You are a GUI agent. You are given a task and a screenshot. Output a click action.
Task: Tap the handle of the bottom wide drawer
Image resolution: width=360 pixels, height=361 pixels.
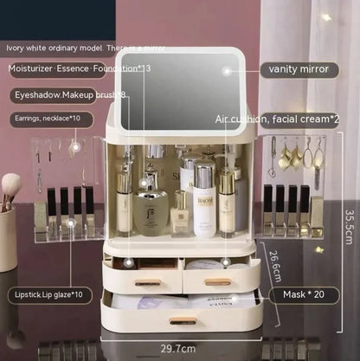tap(182, 321)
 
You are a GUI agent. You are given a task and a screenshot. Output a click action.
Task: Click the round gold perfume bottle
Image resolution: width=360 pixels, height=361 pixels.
tap(151, 210)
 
